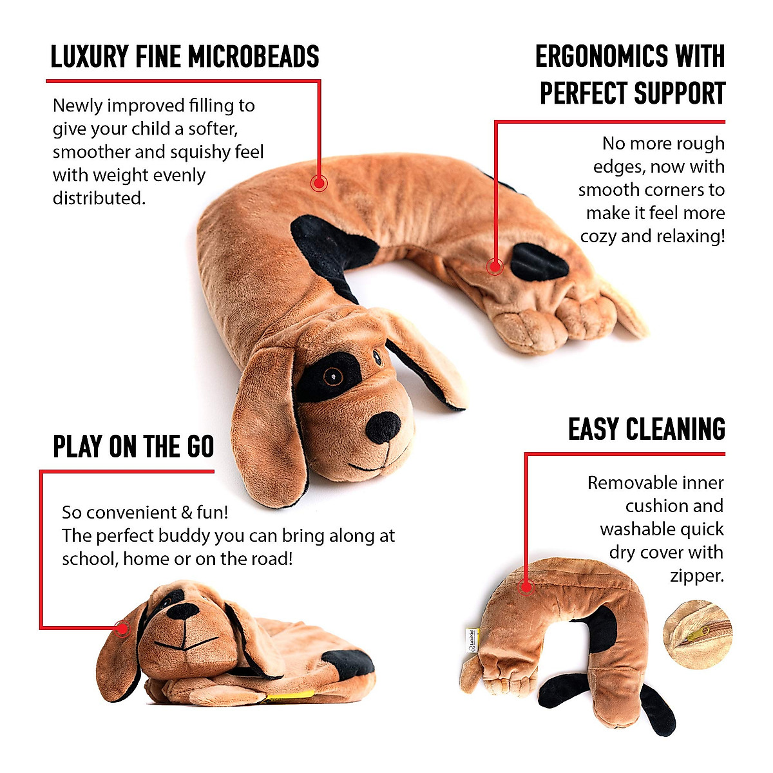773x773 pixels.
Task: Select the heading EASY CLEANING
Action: (x=647, y=430)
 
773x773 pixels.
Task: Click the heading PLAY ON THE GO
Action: (x=133, y=447)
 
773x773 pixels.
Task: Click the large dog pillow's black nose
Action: (x=383, y=426)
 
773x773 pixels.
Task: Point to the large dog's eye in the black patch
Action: (x=332, y=377)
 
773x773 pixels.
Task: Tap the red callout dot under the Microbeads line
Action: (x=319, y=183)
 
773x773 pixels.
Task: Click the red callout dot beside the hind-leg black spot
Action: (x=495, y=266)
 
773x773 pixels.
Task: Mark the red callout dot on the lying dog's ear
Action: (x=122, y=628)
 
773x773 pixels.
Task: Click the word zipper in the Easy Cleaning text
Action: (x=697, y=575)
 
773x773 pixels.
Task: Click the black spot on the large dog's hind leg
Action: (x=540, y=262)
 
